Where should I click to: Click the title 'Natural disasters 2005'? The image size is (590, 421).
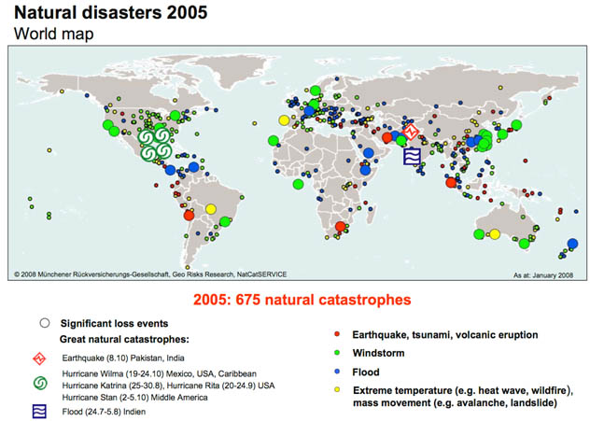click(110, 12)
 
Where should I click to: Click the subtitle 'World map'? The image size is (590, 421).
click(54, 34)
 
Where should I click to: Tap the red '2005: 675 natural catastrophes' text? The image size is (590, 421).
click(302, 300)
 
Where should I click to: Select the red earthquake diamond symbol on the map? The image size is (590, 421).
click(410, 132)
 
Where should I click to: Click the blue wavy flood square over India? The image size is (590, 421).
click(412, 157)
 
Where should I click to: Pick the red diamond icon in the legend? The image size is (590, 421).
click(39, 358)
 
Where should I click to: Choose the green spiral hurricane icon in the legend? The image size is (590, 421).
click(40, 384)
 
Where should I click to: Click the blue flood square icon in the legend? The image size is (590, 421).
click(40, 412)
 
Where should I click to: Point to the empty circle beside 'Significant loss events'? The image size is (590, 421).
click(45, 323)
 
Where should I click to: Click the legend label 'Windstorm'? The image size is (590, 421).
click(378, 353)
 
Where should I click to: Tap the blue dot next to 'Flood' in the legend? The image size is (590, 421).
click(337, 372)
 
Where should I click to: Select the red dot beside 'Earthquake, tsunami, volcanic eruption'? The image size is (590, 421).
click(337, 334)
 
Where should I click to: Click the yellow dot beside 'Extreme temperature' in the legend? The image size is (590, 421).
click(337, 390)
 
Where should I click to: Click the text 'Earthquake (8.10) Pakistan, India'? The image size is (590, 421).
click(123, 358)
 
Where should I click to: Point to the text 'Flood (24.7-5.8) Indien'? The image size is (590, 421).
click(104, 412)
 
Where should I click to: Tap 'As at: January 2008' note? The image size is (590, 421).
click(543, 275)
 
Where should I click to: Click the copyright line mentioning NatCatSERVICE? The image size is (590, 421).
click(150, 274)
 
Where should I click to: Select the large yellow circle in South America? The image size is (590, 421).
click(211, 209)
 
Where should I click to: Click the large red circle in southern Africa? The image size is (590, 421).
click(341, 226)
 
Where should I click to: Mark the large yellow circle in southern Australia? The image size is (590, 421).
click(495, 234)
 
